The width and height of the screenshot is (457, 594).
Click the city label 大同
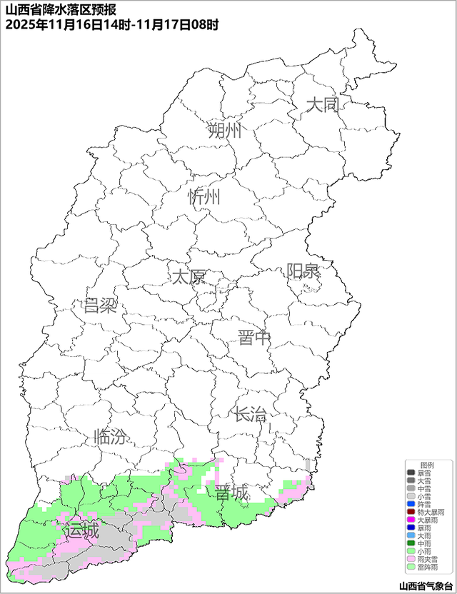click(x=321, y=106)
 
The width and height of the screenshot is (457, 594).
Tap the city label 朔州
click(x=225, y=131)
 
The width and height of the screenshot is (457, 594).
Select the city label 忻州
click(x=205, y=198)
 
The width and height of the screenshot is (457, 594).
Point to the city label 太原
click(x=189, y=276)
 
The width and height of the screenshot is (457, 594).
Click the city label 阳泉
click(x=303, y=271)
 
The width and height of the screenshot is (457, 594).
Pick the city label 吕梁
click(x=100, y=306)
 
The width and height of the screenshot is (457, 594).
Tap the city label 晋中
click(x=254, y=338)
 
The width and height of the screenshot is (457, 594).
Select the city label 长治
click(x=250, y=413)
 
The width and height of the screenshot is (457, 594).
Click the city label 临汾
click(x=111, y=436)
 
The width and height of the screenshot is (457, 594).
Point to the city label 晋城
click(x=232, y=493)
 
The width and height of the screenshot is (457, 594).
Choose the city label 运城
click(x=81, y=531)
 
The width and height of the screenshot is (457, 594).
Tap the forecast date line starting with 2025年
click(x=111, y=24)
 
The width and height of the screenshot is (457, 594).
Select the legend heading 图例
click(x=426, y=465)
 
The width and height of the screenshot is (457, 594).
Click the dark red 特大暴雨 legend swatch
click(x=411, y=513)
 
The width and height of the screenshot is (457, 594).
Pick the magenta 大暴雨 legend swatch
click(x=411, y=520)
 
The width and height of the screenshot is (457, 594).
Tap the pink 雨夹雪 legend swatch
click(x=411, y=559)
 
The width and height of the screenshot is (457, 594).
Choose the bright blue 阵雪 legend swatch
click(x=411, y=505)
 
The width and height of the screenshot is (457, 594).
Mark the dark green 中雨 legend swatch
click(x=411, y=543)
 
